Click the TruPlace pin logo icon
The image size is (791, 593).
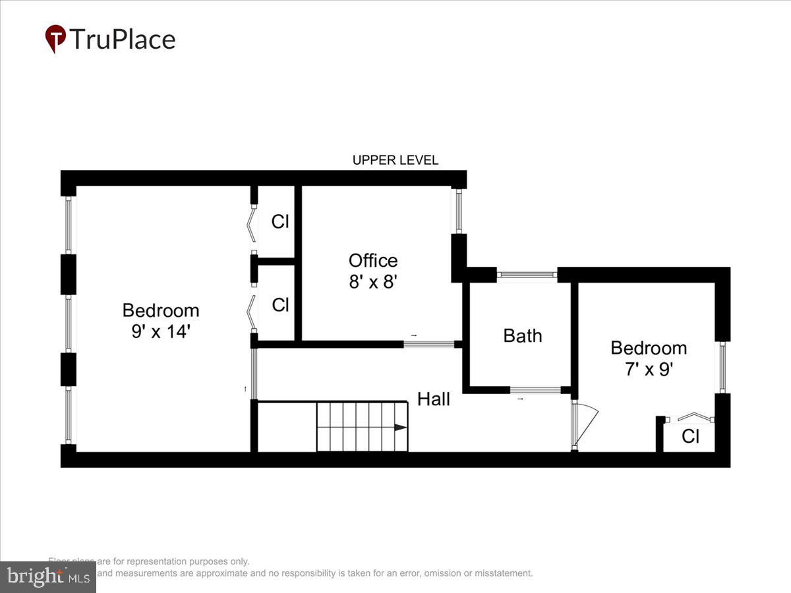(x=55, y=39)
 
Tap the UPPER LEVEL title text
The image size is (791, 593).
(x=395, y=160)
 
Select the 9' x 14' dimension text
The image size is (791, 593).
(x=161, y=331)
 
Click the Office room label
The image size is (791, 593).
(x=373, y=260)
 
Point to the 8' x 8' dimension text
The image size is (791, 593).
(x=373, y=282)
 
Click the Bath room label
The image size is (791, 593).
(x=523, y=335)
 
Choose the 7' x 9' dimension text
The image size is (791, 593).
(x=648, y=369)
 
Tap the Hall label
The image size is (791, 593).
(x=434, y=399)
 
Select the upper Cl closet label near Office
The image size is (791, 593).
(x=280, y=221)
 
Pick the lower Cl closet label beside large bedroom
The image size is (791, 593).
(x=280, y=305)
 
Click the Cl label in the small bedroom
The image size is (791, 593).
(x=690, y=436)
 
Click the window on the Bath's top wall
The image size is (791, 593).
(x=527, y=275)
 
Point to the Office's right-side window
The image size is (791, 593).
(x=459, y=210)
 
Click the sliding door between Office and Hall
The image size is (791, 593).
(x=428, y=343)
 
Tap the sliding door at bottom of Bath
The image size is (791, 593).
(x=535, y=390)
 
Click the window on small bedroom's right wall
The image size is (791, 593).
(x=722, y=368)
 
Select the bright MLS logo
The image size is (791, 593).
(x=47, y=577)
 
